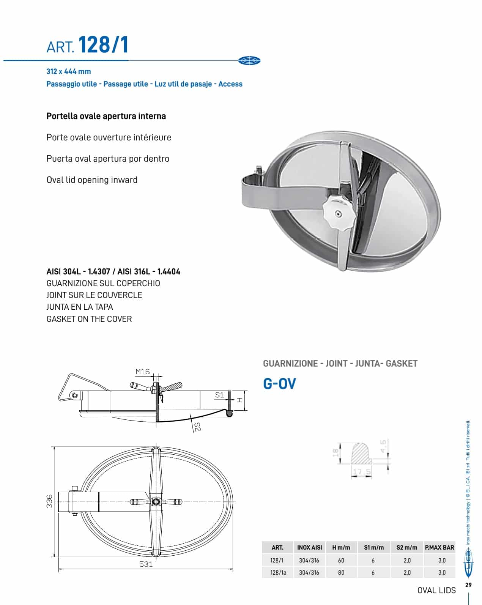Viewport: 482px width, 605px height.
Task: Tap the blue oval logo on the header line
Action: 249,60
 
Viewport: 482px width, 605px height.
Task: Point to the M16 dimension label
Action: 143,372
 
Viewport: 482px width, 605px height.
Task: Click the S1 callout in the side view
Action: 219,395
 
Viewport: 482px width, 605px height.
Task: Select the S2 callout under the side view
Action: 197,427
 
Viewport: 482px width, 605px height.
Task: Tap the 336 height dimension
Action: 49,502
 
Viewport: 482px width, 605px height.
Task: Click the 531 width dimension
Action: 146,564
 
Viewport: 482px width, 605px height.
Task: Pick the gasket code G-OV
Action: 279,384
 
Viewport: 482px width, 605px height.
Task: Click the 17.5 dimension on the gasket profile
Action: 362,472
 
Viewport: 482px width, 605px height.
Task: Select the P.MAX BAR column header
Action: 439,547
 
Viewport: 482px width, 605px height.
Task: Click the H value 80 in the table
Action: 341,572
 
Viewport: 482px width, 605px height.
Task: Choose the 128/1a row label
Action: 278,572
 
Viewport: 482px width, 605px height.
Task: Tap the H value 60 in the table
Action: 341,560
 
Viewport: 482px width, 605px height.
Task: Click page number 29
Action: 468,585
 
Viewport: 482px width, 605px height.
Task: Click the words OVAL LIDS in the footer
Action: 436,590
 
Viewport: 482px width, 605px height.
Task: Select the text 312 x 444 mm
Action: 69,71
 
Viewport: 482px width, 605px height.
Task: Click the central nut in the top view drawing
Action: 156,502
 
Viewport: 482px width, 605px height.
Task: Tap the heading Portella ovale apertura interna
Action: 106,116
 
